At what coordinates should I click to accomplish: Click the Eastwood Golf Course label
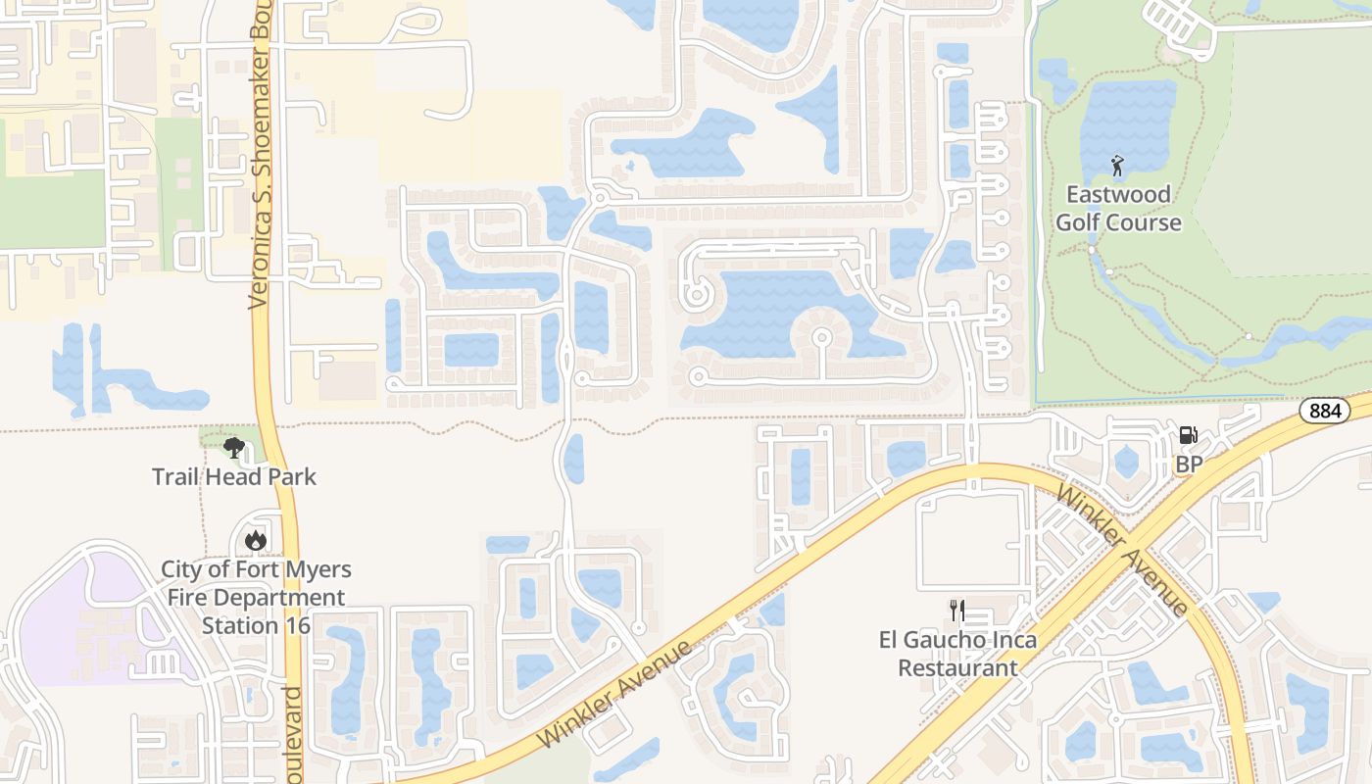tap(1118, 208)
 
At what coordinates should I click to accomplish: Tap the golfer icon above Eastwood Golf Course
tap(1117, 166)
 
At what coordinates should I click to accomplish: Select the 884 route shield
tap(1324, 411)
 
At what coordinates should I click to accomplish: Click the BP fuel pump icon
tap(1188, 435)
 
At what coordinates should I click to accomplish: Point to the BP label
tap(1188, 464)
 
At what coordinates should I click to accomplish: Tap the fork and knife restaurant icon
tap(956, 611)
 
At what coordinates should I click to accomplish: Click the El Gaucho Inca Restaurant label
tap(957, 654)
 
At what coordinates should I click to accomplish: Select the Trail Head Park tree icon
tap(233, 448)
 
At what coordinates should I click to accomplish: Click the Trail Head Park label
tap(234, 477)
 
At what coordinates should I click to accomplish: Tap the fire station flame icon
tap(255, 540)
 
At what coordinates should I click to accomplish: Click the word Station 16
tap(256, 625)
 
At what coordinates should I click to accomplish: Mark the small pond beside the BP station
tap(1126, 461)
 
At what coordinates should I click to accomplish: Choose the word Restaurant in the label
tap(957, 668)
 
